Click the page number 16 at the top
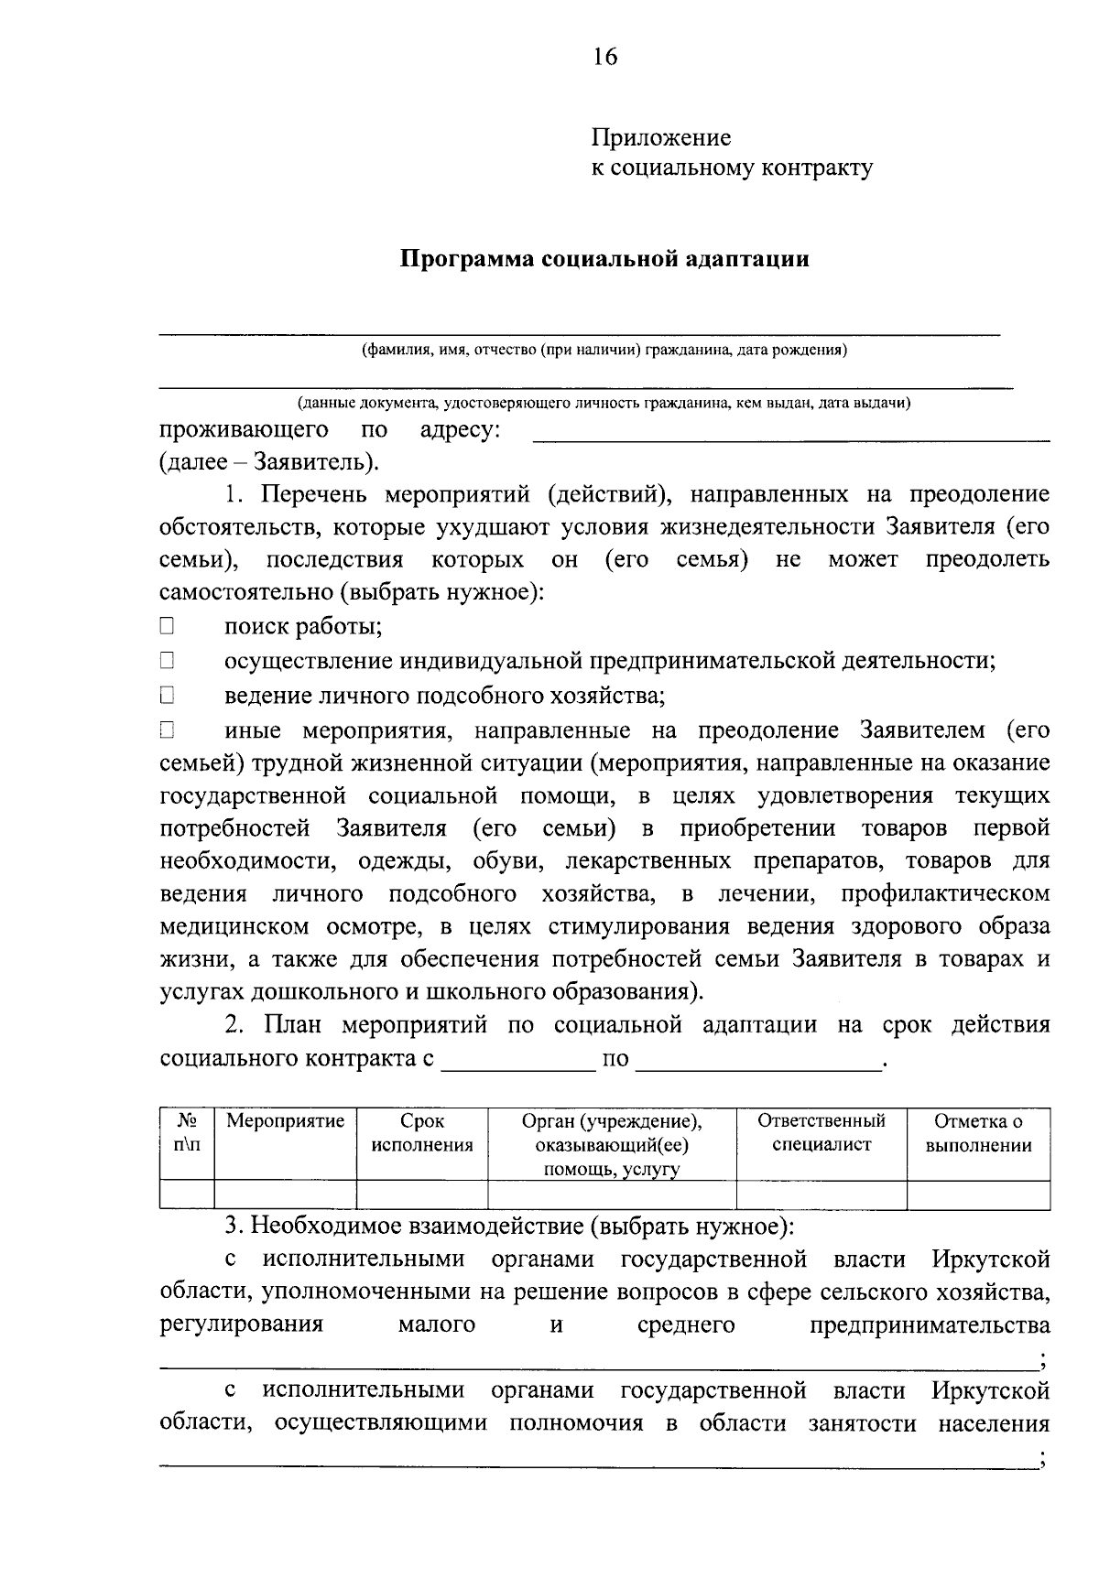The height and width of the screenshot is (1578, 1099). click(604, 57)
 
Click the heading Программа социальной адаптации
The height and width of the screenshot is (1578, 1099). click(604, 259)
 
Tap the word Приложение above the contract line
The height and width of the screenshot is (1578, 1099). click(661, 138)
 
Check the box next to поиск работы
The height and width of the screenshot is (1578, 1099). click(167, 627)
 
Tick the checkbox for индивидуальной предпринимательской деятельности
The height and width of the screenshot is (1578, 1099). click(167, 661)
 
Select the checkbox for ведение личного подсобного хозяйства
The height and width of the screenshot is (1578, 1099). click(167, 696)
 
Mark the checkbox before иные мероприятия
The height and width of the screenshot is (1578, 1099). click(167, 730)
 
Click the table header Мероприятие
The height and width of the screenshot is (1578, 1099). click(285, 1121)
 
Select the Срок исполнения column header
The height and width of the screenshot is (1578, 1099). click(422, 1133)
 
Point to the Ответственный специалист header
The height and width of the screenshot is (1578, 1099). click(822, 1133)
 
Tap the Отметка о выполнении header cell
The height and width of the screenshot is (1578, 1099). click(978, 1133)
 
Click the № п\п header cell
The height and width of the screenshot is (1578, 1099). click(187, 1133)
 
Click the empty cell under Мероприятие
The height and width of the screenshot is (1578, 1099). click(285, 1194)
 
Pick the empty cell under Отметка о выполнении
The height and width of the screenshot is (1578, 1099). click(978, 1194)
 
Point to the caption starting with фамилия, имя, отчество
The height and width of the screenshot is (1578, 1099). click(604, 350)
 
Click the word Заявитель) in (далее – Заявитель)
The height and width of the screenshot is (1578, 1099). click(315, 462)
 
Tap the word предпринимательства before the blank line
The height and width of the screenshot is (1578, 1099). click(930, 1325)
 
